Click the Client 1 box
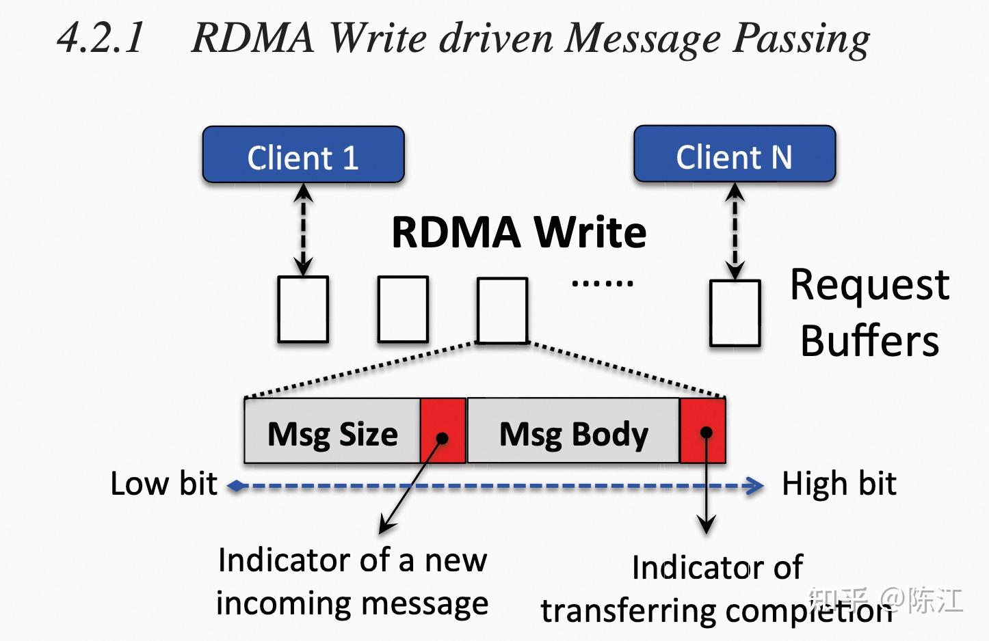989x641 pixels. tap(303, 155)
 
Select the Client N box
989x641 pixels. tap(735, 154)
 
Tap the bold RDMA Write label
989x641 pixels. tap(518, 232)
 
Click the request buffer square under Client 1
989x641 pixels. tap(303, 309)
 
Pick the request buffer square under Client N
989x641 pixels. tap(735, 312)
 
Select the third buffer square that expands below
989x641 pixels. tap(502, 310)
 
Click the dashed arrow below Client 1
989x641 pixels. tap(303, 229)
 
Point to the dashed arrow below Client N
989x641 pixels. tap(735, 230)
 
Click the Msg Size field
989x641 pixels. tap(332, 433)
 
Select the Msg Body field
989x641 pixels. tap(573, 433)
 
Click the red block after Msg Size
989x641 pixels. tap(443, 431)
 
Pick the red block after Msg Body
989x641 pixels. tap(702, 431)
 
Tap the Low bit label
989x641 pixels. tap(163, 484)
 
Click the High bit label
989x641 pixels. tap(839, 484)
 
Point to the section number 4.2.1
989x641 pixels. tap(101, 38)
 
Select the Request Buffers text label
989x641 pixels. tap(869, 312)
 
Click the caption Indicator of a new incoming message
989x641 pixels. tap(352, 581)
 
